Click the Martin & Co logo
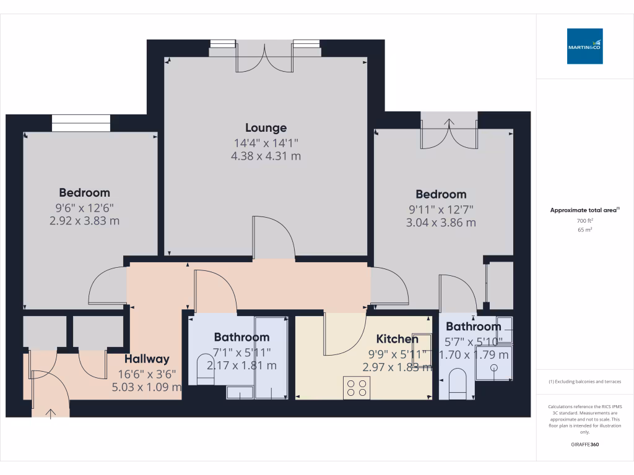click(x=584, y=46)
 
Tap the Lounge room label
click(x=266, y=128)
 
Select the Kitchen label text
click(x=397, y=339)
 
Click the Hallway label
click(x=147, y=359)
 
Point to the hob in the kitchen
click(x=357, y=388)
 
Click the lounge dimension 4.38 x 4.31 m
click(x=266, y=156)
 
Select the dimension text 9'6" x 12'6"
click(x=84, y=208)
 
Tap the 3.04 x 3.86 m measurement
click(x=441, y=223)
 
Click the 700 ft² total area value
click(x=585, y=220)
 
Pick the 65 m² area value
click(x=585, y=229)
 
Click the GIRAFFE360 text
click(x=585, y=445)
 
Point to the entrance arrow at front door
click(x=50, y=413)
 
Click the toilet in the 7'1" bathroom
click(x=204, y=369)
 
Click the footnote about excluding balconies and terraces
click(x=585, y=382)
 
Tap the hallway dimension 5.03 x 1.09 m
click(x=147, y=388)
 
